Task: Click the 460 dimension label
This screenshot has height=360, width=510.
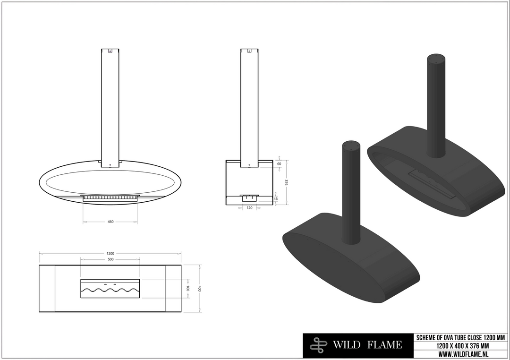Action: [x=110, y=221]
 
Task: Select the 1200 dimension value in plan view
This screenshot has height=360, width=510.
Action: [x=110, y=253]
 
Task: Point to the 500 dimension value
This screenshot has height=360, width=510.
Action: [x=110, y=259]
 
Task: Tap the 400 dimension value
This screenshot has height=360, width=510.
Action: [x=199, y=288]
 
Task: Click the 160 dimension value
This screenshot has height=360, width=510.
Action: [x=187, y=288]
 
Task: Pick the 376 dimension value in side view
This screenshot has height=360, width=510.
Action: [x=286, y=182]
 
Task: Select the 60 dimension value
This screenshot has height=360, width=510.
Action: [x=279, y=164]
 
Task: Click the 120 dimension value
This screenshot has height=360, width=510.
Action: [x=250, y=207]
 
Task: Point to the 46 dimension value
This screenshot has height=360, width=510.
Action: [x=276, y=199]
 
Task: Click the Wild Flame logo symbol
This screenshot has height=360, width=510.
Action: [x=318, y=345]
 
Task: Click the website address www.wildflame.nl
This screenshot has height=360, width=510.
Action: [x=460, y=354]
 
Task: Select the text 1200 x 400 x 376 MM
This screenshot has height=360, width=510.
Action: [x=460, y=346]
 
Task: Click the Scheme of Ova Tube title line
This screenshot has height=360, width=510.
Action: [x=460, y=337]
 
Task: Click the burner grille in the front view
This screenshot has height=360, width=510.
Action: [x=110, y=197]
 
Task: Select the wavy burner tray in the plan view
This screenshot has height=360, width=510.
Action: [x=110, y=289]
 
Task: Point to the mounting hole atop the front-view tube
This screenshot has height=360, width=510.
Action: [x=110, y=52]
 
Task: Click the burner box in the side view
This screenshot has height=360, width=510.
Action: [x=249, y=198]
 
